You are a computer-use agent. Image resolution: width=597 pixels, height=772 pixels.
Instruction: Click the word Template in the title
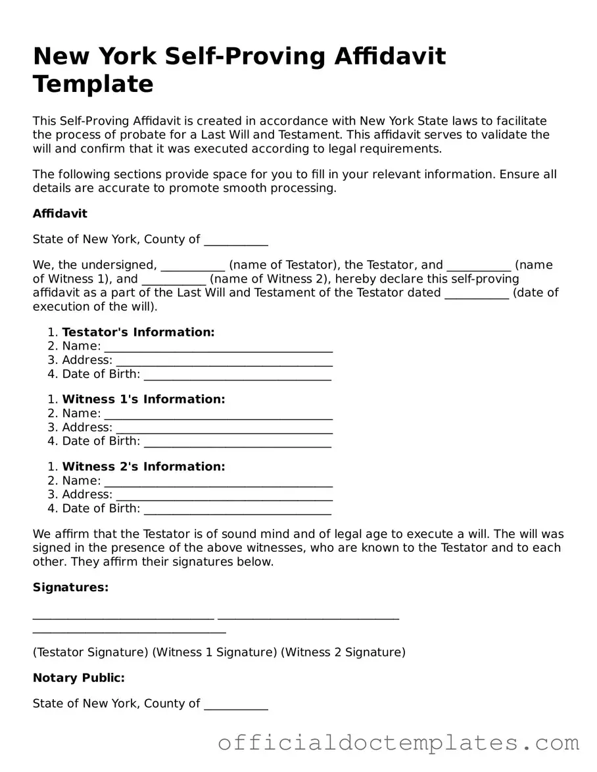[x=93, y=84]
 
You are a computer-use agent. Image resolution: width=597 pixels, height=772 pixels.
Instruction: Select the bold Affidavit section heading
[x=60, y=214]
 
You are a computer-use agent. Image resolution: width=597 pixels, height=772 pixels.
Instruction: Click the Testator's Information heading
[x=138, y=332]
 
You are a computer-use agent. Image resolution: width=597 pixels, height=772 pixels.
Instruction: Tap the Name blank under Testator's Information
[x=218, y=348]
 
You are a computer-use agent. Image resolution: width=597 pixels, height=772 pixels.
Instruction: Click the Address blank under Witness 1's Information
[x=224, y=428]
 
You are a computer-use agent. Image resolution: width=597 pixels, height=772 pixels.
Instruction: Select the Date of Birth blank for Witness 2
[x=237, y=509]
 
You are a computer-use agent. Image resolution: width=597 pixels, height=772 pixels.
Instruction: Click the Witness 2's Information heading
[x=143, y=466]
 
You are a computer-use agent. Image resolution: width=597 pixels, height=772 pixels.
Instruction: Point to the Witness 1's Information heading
[x=143, y=399]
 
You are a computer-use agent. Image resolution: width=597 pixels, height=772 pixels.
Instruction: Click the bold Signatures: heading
[x=70, y=587]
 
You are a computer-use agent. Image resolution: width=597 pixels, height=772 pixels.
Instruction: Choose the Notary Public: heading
[x=78, y=678]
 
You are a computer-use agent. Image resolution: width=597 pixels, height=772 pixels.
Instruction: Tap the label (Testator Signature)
[x=90, y=652]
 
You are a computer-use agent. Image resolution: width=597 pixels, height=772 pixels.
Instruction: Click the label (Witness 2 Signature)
[x=343, y=652]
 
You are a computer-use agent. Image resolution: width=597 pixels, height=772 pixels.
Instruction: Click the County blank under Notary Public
[x=236, y=705]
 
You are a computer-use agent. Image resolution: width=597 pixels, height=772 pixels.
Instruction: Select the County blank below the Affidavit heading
[x=236, y=240]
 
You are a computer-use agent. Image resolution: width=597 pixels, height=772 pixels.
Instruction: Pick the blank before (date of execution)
[x=477, y=294]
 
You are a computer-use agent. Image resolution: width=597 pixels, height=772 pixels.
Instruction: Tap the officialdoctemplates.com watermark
[x=398, y=743]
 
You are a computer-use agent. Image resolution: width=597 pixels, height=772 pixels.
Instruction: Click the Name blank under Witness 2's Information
[x=218, y=482]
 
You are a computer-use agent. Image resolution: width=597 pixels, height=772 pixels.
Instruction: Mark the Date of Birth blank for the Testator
[x=237, y=375]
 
